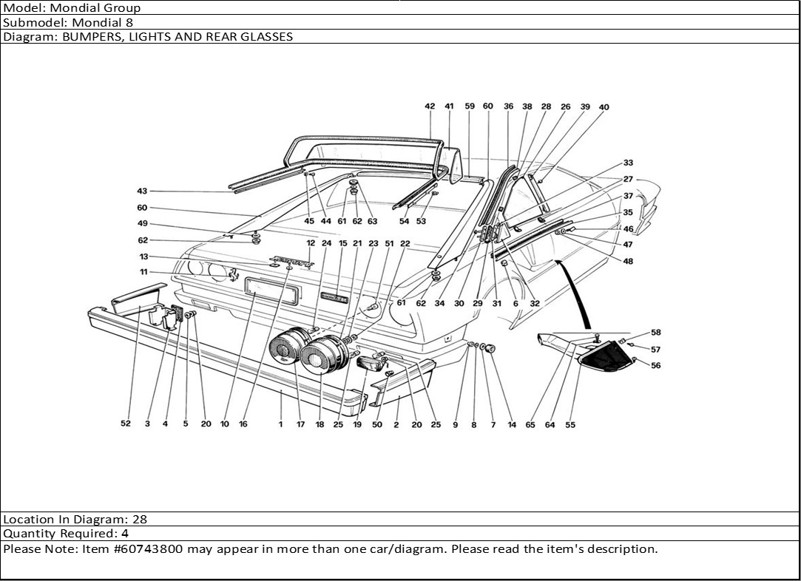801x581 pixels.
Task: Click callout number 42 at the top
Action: click(x=430, y=106)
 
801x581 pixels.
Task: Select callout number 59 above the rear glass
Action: click(x=470, y=106)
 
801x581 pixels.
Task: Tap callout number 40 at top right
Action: click(x=604, y=107)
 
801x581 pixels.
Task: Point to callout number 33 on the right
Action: click(x=628, y=163)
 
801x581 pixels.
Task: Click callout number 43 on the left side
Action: click(x=142, y=191)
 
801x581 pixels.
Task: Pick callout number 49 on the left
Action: click(x=142, y=224)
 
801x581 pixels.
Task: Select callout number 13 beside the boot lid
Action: click(x=143, y=256)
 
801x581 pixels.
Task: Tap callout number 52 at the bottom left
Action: click(x=126, y=424)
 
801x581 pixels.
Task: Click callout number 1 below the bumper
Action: click(x=281, y=424)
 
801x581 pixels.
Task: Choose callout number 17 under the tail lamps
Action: click(x=300, y=424)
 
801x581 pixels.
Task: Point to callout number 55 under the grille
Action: click(x=570, y=425)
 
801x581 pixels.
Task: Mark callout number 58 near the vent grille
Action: click(x=655, y=333)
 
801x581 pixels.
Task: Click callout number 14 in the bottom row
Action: click(x=512, y=425)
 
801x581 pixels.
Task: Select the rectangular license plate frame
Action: click(x=271, y=291)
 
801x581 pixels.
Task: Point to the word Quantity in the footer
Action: click(x=27, y=534)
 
